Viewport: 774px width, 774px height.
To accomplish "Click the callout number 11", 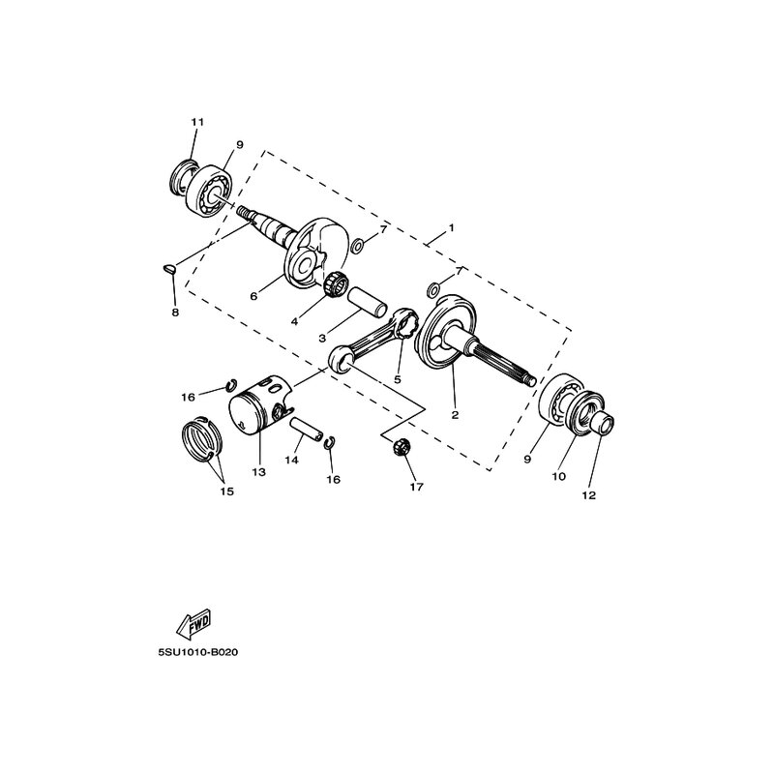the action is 197,122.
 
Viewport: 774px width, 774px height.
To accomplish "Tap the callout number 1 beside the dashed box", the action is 450,233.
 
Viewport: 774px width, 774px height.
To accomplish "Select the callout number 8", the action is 175,313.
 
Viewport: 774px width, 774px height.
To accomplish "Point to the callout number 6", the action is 254,297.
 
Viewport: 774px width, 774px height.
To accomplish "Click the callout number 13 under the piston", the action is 258,473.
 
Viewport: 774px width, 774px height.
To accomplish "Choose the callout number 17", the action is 416,487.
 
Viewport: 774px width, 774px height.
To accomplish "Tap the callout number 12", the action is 589,495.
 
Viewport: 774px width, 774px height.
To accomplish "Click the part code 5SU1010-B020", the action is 198,651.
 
